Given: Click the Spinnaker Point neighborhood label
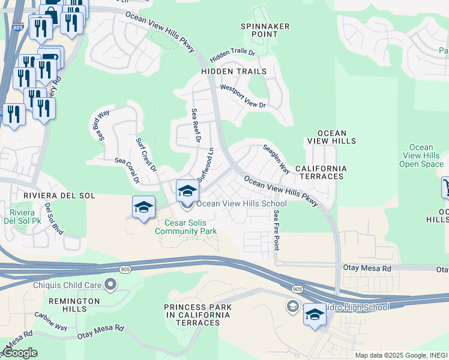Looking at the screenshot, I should pos(265,30).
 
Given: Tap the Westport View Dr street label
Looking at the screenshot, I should pos(243,96).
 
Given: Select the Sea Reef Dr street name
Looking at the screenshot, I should pos(195,126).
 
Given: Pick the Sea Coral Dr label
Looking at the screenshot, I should pos(127,170).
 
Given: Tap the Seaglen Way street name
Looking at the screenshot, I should pos(277,158).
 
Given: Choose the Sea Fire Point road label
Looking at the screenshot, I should pos(277,230).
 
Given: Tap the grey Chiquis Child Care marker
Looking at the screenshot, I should pos(110,283).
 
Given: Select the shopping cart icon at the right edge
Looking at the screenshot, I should pos(445,187).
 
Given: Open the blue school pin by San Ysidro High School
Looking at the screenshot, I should pos(315,315).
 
